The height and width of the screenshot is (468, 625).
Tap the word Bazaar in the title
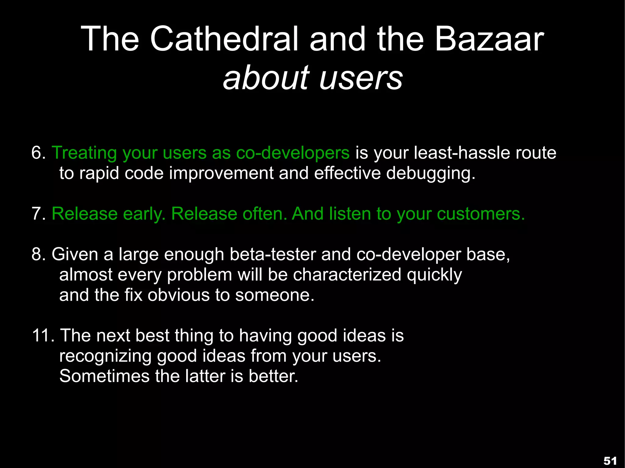(489, 39)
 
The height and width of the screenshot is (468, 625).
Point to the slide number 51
(610, 461)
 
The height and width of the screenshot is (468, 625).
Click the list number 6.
(38, 153)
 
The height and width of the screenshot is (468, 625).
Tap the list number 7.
(38, 214)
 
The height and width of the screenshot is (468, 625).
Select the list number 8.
(38, 254)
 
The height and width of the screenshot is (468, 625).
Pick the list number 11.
(43, 336)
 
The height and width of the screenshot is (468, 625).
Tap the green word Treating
(84, 153)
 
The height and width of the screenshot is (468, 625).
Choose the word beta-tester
(273, 254)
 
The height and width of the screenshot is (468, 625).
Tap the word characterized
(347, 275)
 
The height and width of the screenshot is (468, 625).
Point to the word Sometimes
(104, 376)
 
